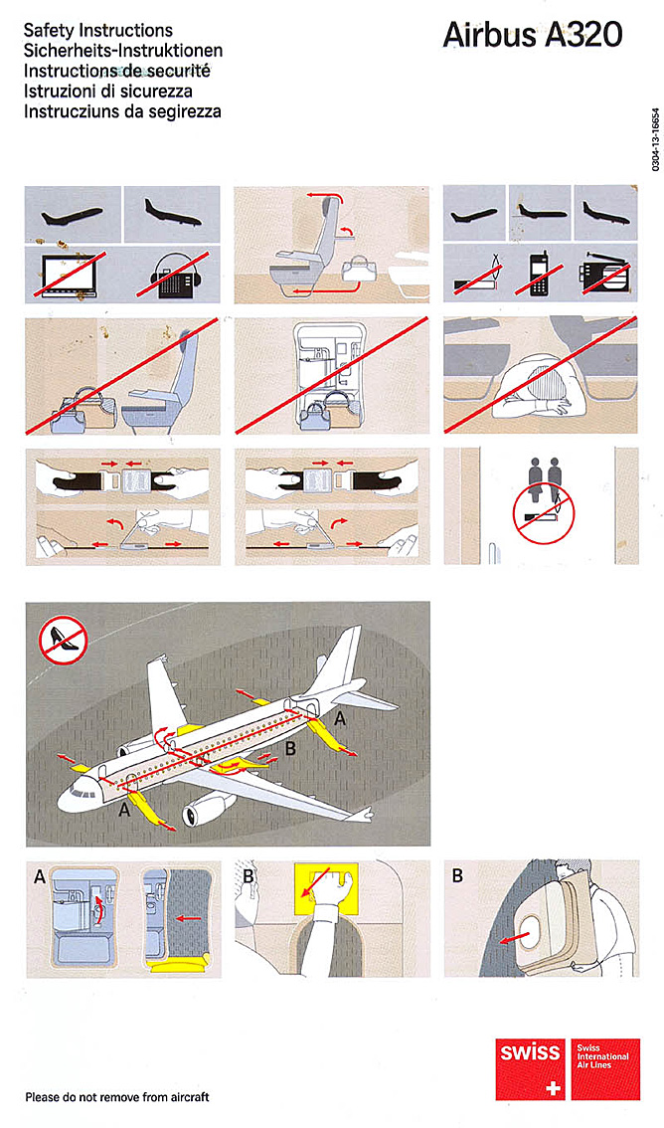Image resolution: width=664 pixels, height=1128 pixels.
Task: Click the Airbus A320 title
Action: pos(533,35)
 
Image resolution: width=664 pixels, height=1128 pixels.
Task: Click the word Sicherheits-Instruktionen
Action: pos(123,51)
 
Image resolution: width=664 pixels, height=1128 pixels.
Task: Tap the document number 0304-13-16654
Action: pos(655,140)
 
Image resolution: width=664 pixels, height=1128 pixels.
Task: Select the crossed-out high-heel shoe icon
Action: pos(64,640)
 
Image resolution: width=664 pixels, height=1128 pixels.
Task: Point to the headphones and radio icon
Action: pos(172,275)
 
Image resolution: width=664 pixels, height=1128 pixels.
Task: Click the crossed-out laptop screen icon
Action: pos(72,274)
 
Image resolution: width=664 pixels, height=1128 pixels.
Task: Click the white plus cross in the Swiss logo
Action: pos(553,1087)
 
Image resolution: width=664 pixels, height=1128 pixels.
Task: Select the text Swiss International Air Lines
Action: pos(602,1055)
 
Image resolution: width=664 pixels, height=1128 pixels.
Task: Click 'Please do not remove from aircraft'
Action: pos(117,1097)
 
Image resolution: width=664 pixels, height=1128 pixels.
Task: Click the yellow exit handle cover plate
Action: pos(326,890)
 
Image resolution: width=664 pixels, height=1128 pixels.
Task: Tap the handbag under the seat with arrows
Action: pos(359,270)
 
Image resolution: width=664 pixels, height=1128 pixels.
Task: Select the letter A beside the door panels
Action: pos(40,877)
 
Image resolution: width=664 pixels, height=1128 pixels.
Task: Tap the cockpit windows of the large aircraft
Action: pos(83,794)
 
